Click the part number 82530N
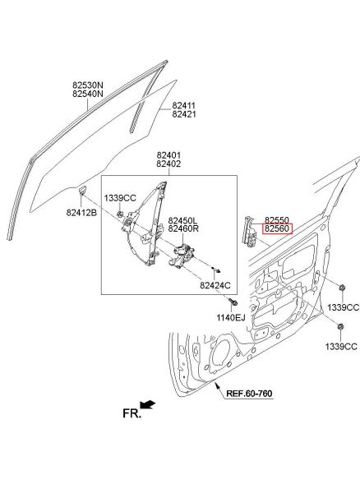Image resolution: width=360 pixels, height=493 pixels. pos(88,85)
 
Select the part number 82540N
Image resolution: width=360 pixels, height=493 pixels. pos(88,94)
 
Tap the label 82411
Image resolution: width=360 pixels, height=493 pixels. pos(183,106)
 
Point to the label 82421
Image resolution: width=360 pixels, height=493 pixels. pos(183,114)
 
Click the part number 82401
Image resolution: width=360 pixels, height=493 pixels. pos(168,155)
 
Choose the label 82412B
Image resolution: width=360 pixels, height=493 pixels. pos(81,213)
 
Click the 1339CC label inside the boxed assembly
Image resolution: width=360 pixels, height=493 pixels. pos(120,198)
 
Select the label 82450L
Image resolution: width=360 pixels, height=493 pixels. pos(182,220)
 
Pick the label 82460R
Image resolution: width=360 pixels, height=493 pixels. pos(183,228)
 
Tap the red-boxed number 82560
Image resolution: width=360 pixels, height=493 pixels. pos(277,228)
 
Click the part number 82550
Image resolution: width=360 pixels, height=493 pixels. pos(277,220)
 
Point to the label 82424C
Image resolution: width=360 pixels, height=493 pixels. pos(215,285)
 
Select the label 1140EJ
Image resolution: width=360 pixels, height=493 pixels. pos(230,317)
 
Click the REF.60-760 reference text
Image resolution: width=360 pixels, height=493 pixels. pos(249,394)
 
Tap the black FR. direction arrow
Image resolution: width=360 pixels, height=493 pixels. pos(147,404)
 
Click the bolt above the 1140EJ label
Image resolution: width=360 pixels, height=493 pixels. pos(233,302)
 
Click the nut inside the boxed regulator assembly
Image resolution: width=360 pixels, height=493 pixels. pos(120,214)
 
